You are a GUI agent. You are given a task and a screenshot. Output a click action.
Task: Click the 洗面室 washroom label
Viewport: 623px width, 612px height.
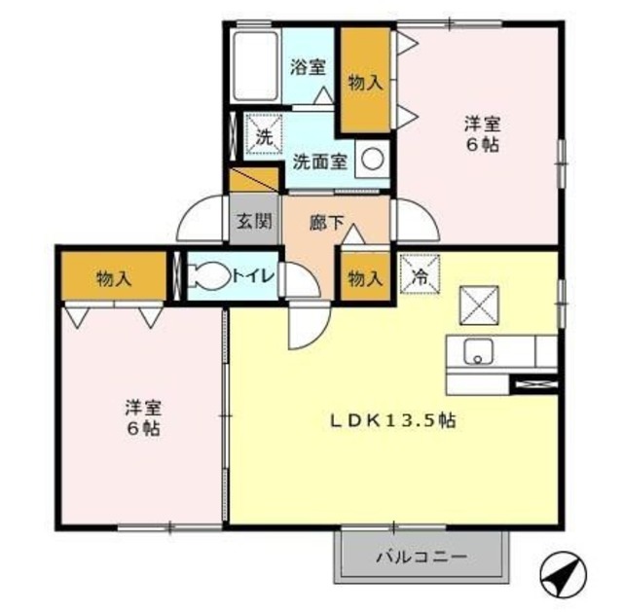pyautogui.click(x=320, y=162)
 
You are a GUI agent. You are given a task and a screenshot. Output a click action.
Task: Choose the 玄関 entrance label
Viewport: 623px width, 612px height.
pyautogui.click(x=253, y=222)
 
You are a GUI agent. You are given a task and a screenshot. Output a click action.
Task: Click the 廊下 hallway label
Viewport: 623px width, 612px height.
pyautogui.click(x=326, y=222)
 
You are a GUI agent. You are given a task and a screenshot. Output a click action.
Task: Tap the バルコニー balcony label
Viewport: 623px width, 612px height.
pyautogui.click(x=421, y=558)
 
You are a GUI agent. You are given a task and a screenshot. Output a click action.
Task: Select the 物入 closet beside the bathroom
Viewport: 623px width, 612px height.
pyautogui.click(x=364, y=83)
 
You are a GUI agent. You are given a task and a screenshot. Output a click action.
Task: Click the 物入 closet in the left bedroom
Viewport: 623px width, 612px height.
pyautogui.click(x=114, y=279)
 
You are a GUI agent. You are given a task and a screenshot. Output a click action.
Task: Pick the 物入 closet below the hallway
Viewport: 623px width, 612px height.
pyautogui.click(x=364, y=278)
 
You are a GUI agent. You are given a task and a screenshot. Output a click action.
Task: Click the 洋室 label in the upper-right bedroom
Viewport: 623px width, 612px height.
pyautogui.click(x=480, y=124)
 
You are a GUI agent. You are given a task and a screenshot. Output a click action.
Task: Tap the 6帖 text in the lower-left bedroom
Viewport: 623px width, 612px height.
pyautogui.click(x=142, y=428)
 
